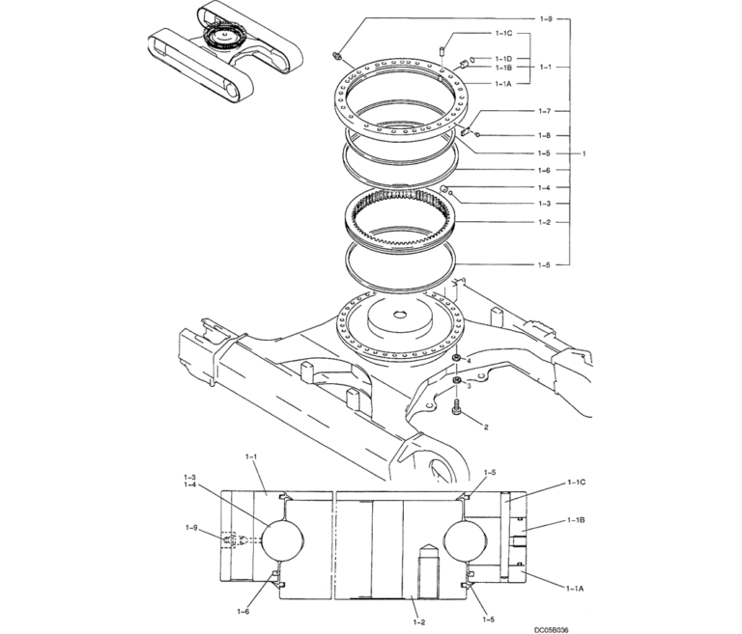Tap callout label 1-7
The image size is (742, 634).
click(545, 112)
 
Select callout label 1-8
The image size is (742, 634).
click(545, 136)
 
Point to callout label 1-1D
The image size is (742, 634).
click(503, 59)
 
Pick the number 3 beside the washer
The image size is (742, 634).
click(470, 384)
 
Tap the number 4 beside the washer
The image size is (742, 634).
click(470, 360)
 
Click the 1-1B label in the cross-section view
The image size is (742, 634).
click(577, 520)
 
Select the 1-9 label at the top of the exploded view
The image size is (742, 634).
click(545, 19)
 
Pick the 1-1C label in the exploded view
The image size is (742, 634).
click(503, 34)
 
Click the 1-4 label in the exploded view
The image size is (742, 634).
click(545, 187)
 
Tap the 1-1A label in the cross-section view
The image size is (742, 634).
click(577, 585)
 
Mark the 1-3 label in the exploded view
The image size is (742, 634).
click(545, 204)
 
